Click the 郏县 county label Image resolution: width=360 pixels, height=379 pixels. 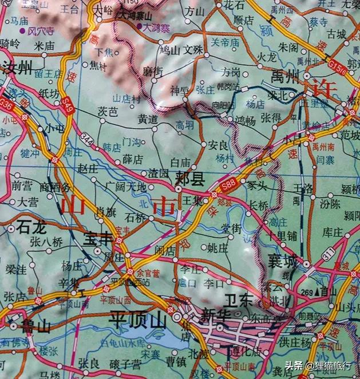click(x=191, y=180)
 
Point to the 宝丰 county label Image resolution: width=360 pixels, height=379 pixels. click(x=98, y=239)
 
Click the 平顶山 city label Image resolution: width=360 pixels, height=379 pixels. click(x=137, y=319)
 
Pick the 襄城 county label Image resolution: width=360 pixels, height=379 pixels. click(x=283, y=262)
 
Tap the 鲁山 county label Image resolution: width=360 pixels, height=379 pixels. click(x=35, y=326)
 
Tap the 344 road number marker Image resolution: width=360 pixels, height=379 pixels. click(x=87, y=137)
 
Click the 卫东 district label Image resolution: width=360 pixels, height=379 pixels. click(x=238, y=299)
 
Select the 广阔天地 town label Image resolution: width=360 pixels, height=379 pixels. click(x=126, y=187)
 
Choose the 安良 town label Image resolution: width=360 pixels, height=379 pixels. click(x=218, y=145)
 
